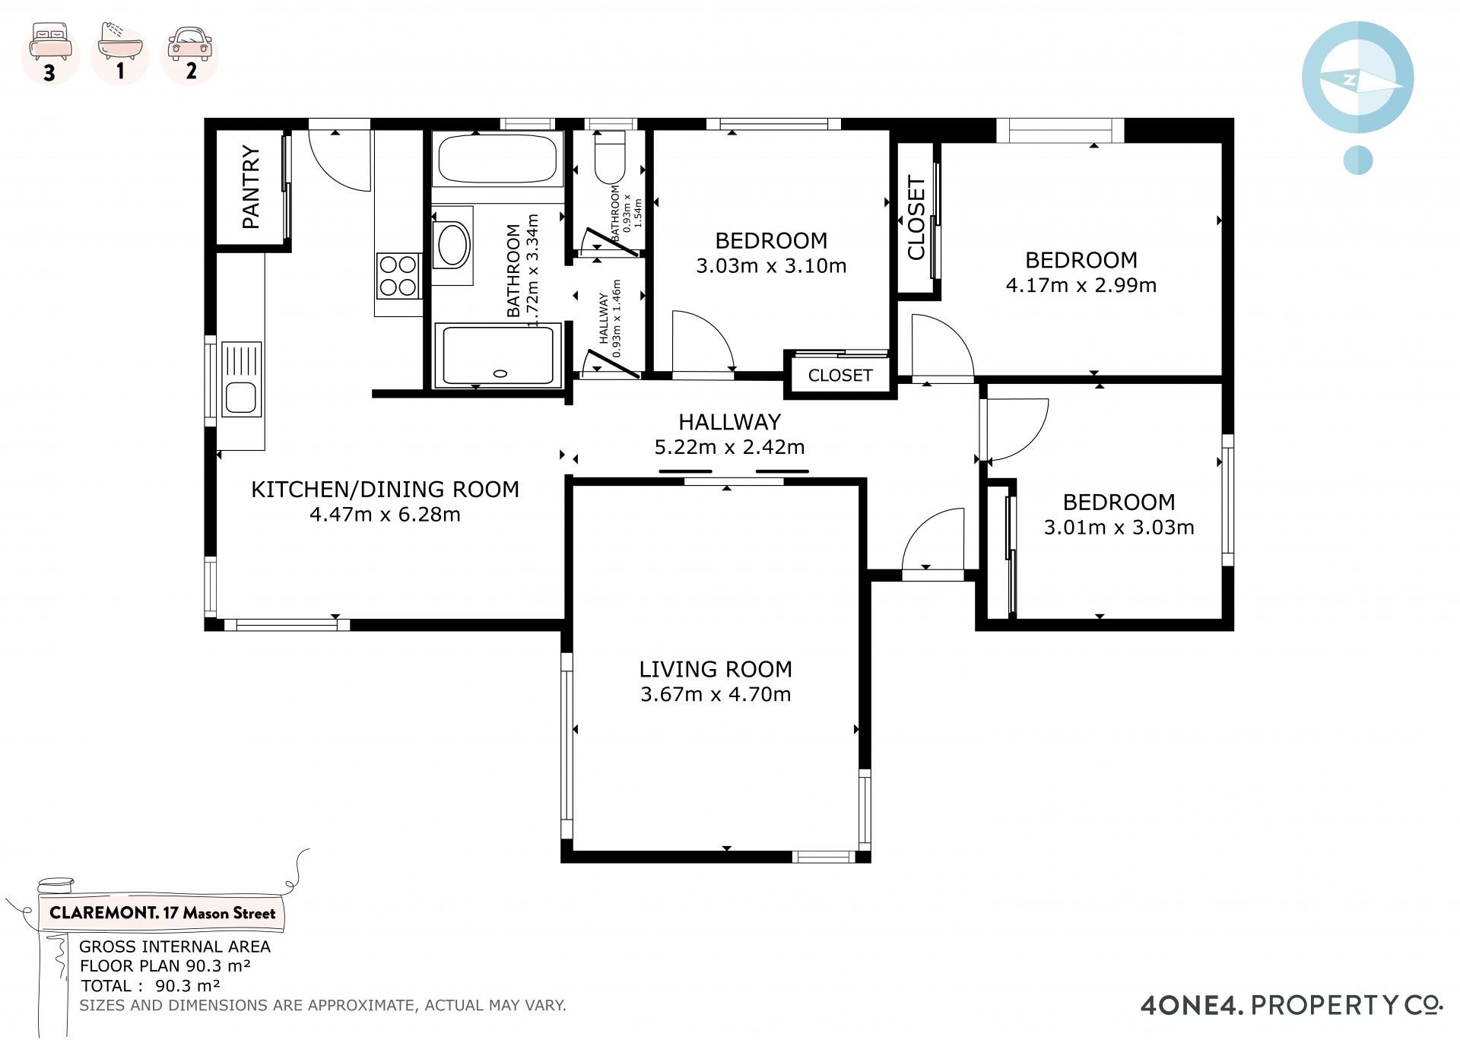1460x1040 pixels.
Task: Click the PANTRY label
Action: pyautogui.click(x=251, y=187)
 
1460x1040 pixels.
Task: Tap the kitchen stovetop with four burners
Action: pyautogui.click(x=398, y=276)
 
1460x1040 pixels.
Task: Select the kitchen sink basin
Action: pyautogui.click(x=241, y=398)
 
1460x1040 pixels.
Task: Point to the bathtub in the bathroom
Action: pyautogui.click(x=497, y=159)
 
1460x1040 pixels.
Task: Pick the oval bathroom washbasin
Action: pyautogui.click(x=452, y=245)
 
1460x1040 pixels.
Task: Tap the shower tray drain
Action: pyautogui.click(x=500, y=373)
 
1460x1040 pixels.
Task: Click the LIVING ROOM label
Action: pyautogui.click(x=716, y=669)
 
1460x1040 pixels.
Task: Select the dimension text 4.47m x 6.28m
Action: pyautogui.click(x=385, y=515)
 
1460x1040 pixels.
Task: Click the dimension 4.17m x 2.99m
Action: pyautogui.click(x=1081, y=285)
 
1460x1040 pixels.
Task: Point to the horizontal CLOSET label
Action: pyautogui.click(x=840, y=376)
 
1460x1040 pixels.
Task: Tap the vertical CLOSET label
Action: pyautogui.click(x=916, y=217)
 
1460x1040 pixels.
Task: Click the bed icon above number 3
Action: pyautogui.click(x=50, y=42)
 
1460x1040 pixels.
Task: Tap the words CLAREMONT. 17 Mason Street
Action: pyautogui.click(x=162, y=913)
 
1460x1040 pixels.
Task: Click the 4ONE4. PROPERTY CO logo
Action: pyautogui.click(x=1291, y=1005)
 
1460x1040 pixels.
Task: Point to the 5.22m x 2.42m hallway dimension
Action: pyautogui.click(x=730, y=447)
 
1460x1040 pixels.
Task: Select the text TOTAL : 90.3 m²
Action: pyautogui.click(x=151, y=986)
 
